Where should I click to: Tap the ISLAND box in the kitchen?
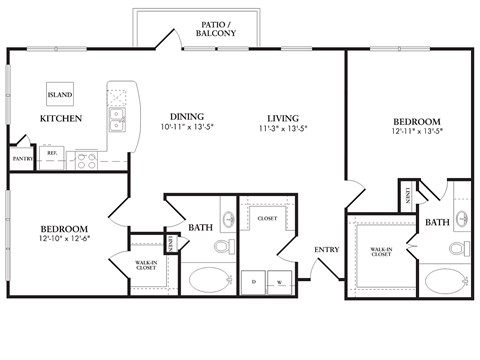pyautogui.click(x=59, y=95)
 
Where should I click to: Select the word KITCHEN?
pyautogui.click(x=60, y=119)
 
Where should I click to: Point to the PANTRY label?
pyautogui.click(x=22, y=158)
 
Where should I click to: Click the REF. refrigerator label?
pyautogui.click(x=52, y=153)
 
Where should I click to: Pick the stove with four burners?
pyautogui.click(x=86, y=158)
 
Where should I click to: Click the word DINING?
pyautogui.click(x=187, y=115)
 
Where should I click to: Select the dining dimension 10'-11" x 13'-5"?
pyautogui.click(x=187, y=127)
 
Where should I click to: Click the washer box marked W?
pyautogui.click(x=279, y=282)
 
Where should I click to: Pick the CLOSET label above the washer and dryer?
pyautogui.click(x=267, y=217)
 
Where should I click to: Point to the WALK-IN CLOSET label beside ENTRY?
pyautogui.click(x=380, y=253)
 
